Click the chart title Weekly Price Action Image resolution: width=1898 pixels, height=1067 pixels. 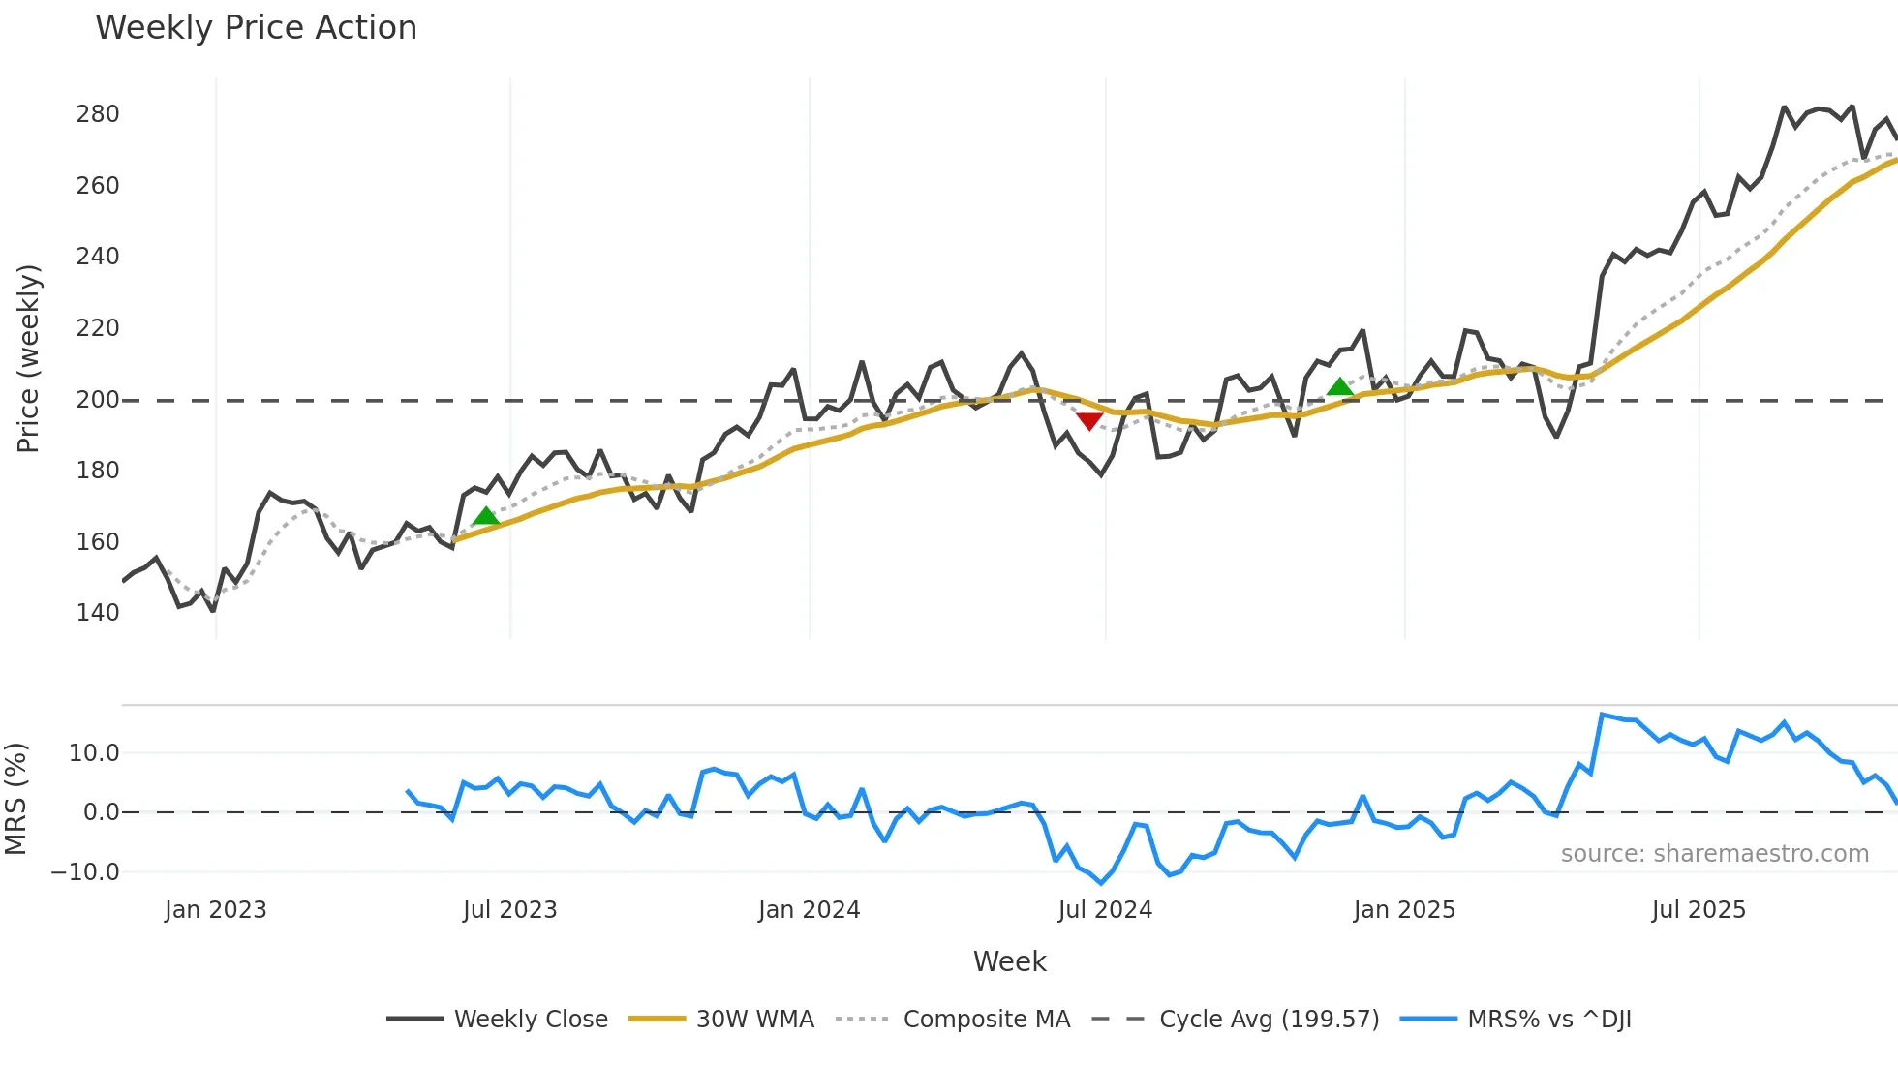point(256,28)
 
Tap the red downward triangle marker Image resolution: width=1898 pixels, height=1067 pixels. point(1089,421)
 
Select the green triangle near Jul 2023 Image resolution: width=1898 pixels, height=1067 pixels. point(486,516)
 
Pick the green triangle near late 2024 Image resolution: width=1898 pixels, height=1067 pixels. point(1339,387)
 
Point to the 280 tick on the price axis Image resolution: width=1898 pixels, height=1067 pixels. point(98,114)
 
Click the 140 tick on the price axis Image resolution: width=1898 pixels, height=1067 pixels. point(98,613)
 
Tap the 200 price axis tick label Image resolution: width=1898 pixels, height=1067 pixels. point(98,399)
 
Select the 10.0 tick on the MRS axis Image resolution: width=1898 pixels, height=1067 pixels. point(94,753)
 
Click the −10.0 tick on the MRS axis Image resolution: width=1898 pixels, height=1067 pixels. point(85,872)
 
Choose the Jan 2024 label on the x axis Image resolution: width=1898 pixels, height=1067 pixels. point(809,910)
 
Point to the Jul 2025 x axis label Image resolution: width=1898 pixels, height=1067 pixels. point(1699,910)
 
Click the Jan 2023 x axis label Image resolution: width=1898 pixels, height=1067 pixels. point(215,910)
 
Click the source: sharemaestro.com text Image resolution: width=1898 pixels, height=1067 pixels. point(1714,854)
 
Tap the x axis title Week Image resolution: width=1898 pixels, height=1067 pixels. point(1009,961)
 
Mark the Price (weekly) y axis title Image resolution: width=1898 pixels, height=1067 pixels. point(28,358)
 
